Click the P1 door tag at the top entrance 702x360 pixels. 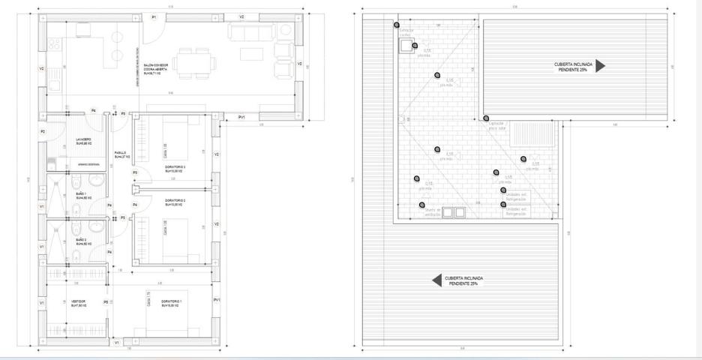(154, 16)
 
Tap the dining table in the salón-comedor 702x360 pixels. (194, 61)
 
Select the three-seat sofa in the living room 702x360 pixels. (250, 31)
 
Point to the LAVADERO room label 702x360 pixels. (83, 141)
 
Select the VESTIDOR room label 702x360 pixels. (79, 304)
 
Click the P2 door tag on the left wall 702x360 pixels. (43, 132)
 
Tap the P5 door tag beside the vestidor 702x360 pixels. (106, 302)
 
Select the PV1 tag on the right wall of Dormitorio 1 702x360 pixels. (217, 300)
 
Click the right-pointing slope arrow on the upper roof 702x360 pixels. (600, 66)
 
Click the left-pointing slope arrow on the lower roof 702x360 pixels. (436, 280)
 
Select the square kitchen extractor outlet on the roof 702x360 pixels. (406, 46)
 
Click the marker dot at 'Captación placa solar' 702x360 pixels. (486, 118)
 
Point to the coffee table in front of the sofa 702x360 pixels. (250, 54)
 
